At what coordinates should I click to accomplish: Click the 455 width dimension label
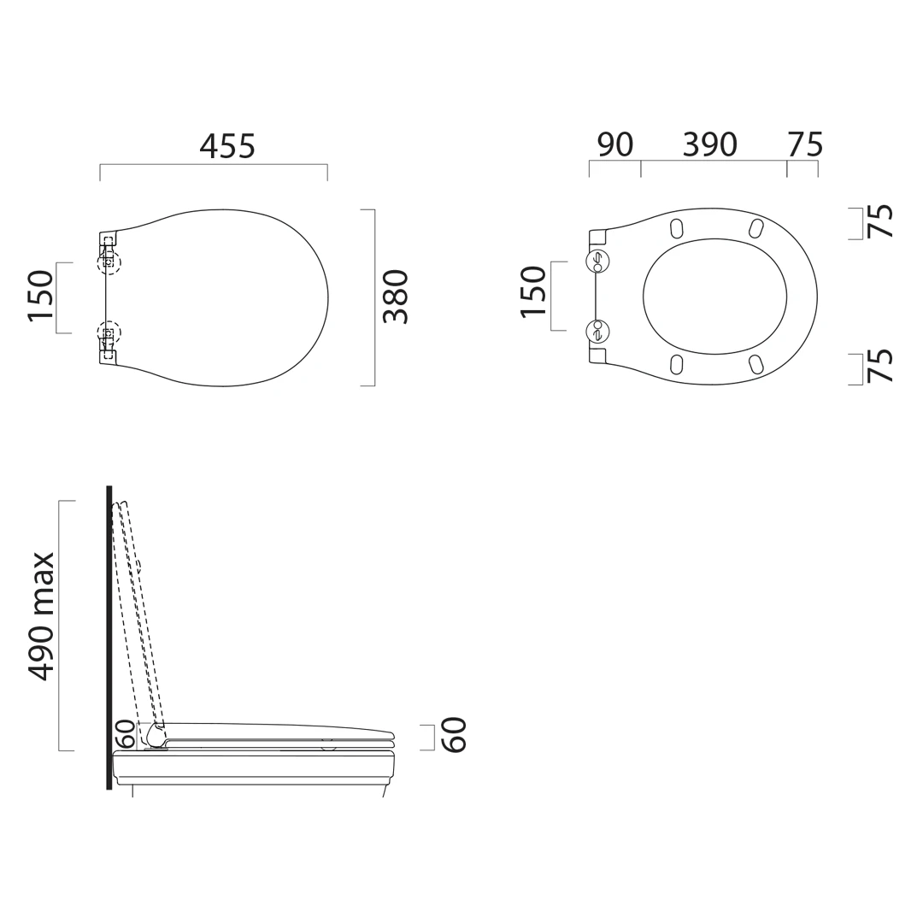(227, 146)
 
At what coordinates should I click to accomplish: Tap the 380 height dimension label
(396, 297)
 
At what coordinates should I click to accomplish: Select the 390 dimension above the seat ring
(709, 144)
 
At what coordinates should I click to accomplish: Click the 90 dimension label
(615, 144)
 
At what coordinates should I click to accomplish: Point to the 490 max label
(41, 616)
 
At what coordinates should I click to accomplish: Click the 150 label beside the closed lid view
(41, 296)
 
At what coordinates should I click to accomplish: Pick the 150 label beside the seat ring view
(534, 292)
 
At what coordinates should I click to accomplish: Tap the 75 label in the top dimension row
(805, 144)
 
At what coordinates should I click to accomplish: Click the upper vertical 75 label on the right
(880, 221)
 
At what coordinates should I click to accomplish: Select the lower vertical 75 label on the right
(880, 366)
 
